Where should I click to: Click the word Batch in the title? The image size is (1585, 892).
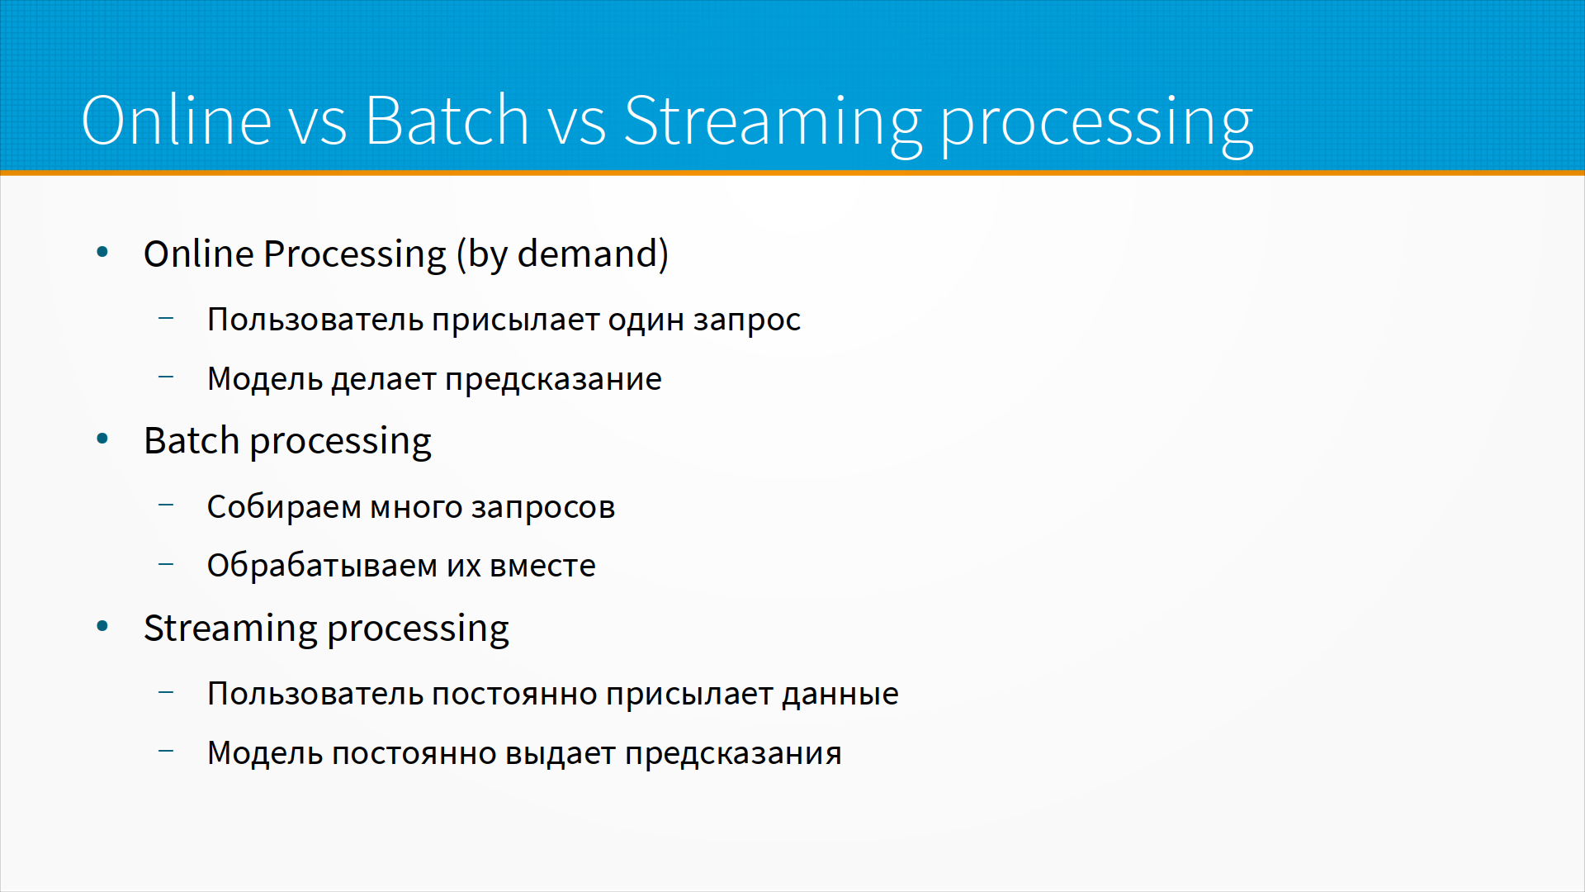click(x=447, y=120)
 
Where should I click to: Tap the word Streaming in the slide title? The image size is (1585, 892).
click(x=772, y=125)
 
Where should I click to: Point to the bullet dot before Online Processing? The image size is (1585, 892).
click(x=102, y=252)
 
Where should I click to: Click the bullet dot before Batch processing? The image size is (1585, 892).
click(x=102, y=439)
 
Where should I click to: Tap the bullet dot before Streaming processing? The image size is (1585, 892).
click(x=102, y=626)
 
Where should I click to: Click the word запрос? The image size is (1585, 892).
click(x=747, y=321)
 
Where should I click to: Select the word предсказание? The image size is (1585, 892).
click(x=553, y=380)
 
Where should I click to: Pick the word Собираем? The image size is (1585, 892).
click(x=284, y=506)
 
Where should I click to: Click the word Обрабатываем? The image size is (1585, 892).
click(x=322, y=565)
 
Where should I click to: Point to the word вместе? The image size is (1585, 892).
click(x=542, y=567)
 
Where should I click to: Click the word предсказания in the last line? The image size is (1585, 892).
click(x=733, y=755)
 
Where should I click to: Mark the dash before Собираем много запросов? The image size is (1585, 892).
click(x=166, y=505)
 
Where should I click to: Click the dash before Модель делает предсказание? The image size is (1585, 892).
click(x=166, y=377)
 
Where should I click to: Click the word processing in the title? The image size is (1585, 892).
click(x=1096, y=125)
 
